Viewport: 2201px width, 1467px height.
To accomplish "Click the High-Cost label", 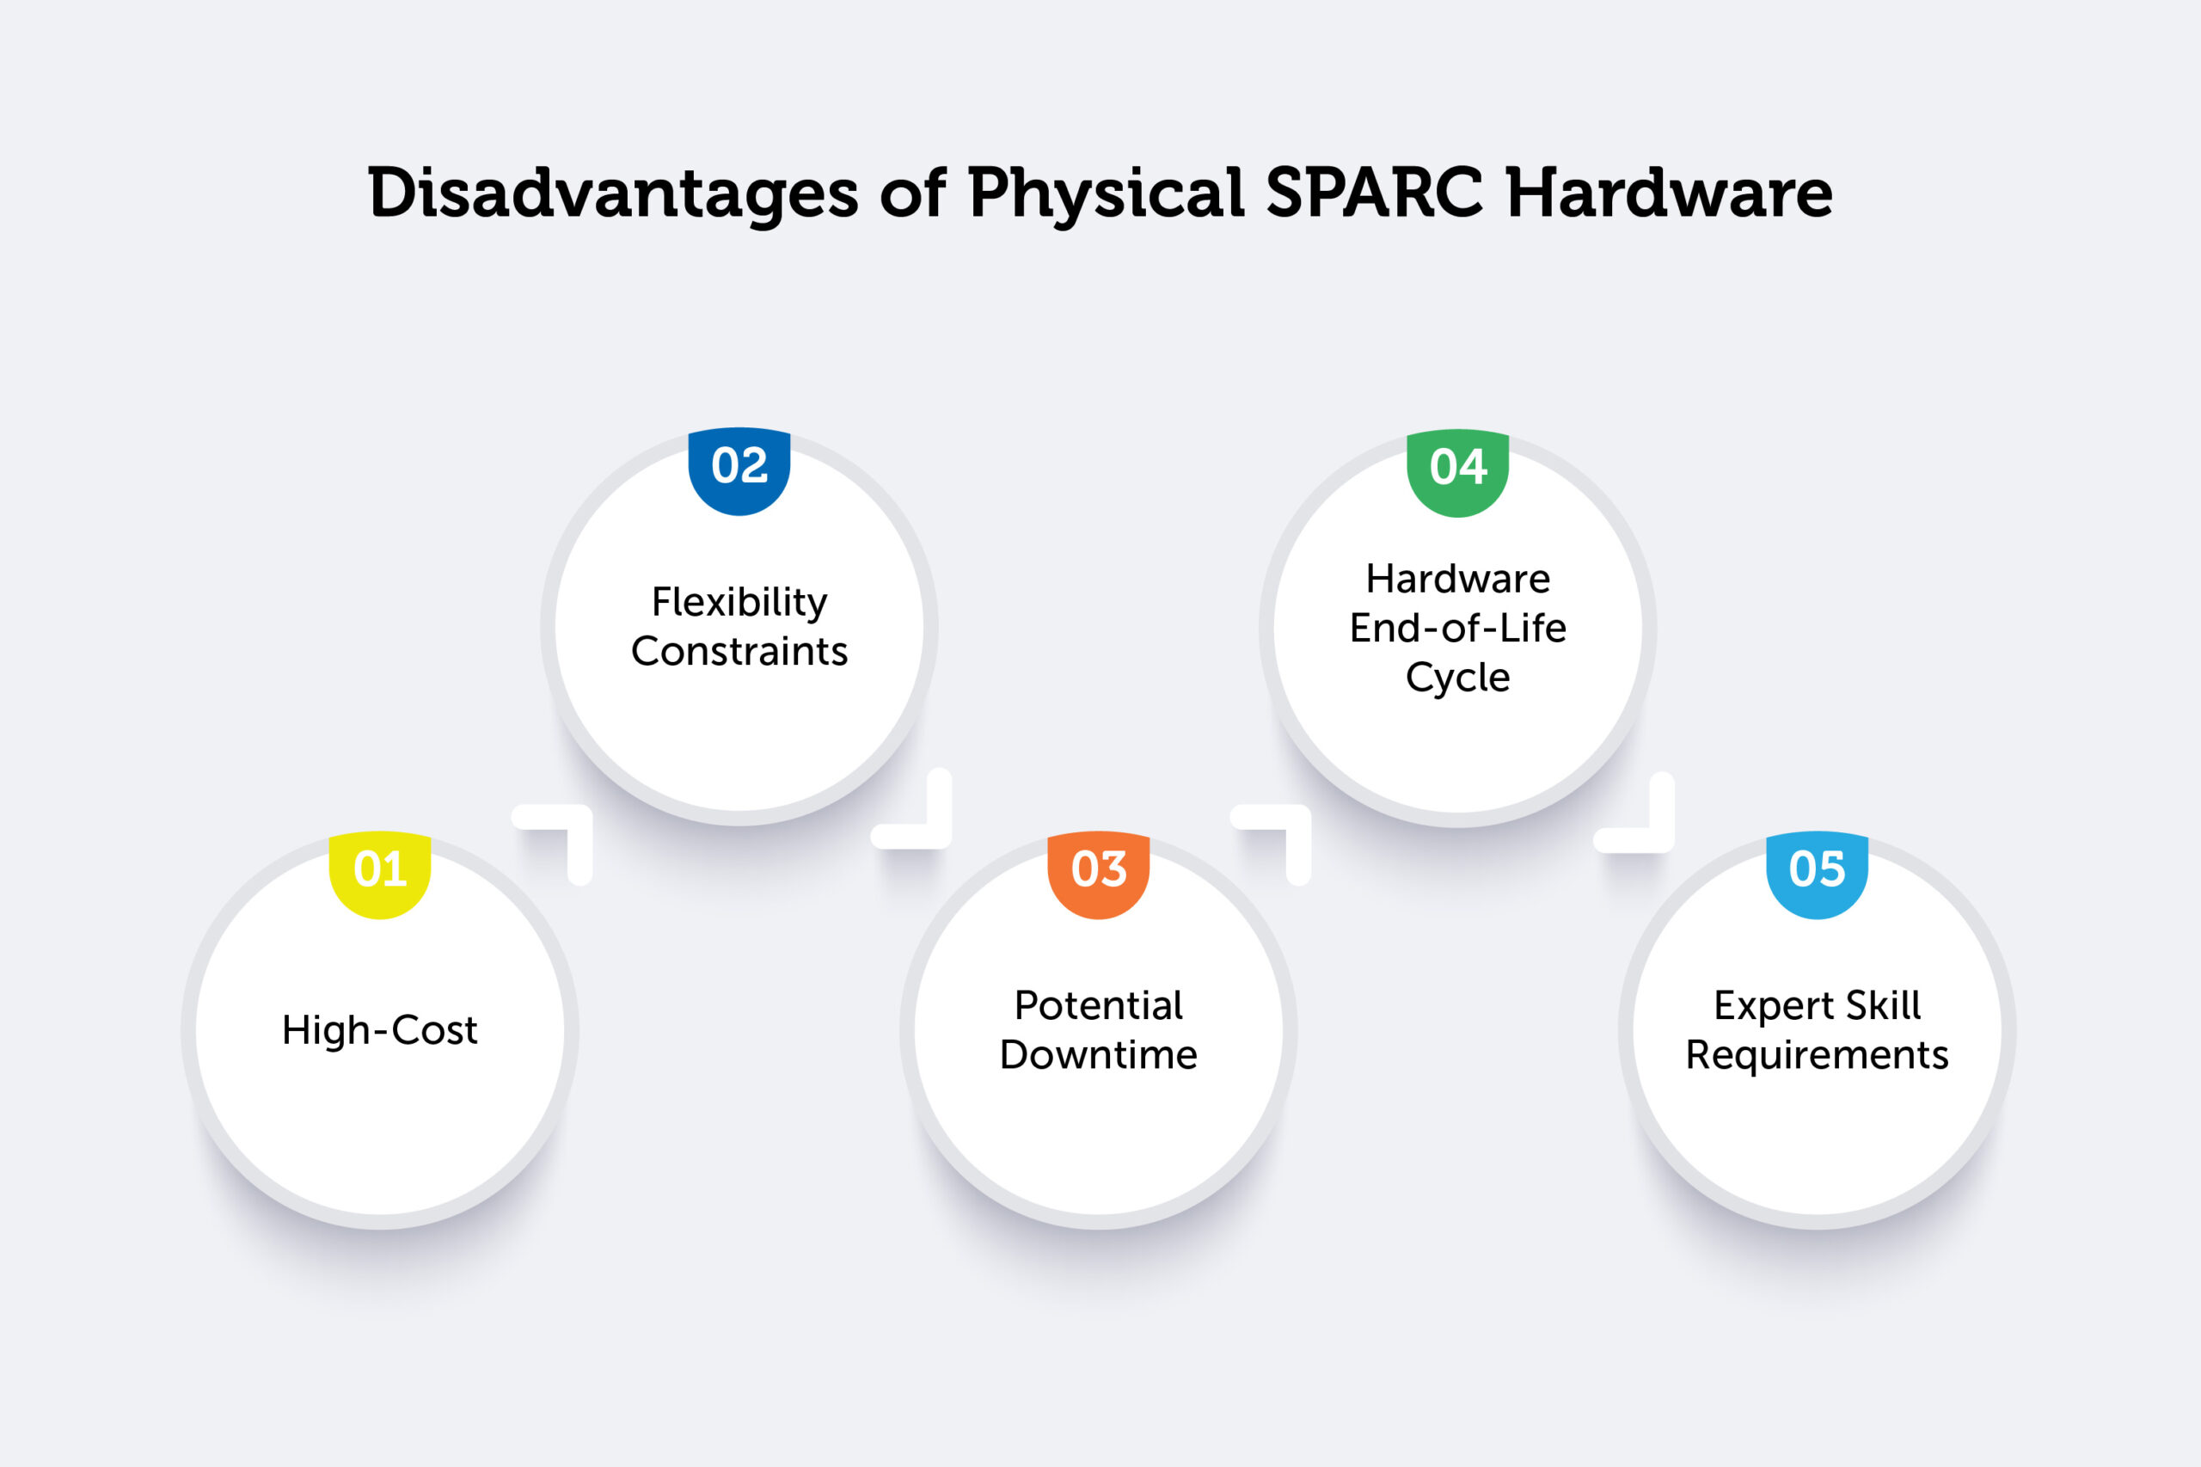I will pyautogui.click(x=380, y=1030).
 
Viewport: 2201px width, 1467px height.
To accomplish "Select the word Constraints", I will pyautogui.click(x=739, y=652).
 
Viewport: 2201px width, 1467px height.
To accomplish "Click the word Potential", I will pyautogui.click(x=1098, y=1007).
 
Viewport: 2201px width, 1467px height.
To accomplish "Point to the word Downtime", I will pyautogui.click(x=1098, y=1055).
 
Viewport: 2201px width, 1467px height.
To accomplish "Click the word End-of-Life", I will pyautogui.click(x=1457, y=629).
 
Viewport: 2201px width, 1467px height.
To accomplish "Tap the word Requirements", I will pyautogui.click(x=1817, y=1055).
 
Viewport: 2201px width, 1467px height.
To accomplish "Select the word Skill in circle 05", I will pyautogui.click(x=1883, y=1006).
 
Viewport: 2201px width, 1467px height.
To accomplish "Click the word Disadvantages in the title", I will pyautogui.click(x=613, y=193).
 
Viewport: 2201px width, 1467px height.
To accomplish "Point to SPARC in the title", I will pyautogui.click(x=1374, y=193).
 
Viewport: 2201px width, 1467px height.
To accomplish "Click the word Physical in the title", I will pyautogui.click(x=1106, y=193).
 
